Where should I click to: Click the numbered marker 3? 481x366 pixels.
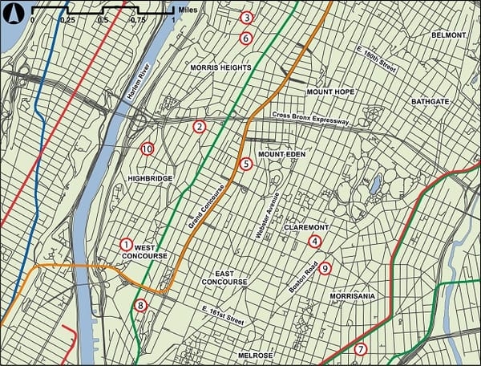[x=246, y=18]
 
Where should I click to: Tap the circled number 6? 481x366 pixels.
[x=246, y=38]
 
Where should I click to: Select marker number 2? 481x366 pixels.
[x=200, y=126]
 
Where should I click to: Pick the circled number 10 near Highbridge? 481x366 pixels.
[x=147, y=148]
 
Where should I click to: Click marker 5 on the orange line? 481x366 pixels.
[x=246, y=164]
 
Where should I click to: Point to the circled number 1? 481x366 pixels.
[x=125, y=244]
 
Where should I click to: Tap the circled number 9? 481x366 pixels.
[x=325, y=269]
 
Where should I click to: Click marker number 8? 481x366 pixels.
[x=141, y=305]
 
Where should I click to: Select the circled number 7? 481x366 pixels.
[x=361, y=349]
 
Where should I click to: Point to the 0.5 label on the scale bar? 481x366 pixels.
[x=103, y=19]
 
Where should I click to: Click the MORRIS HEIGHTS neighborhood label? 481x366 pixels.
[x=217, y=68]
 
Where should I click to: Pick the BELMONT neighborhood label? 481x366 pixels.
[x=447, y=35]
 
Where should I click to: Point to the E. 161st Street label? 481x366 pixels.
[x=222, y=315]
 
